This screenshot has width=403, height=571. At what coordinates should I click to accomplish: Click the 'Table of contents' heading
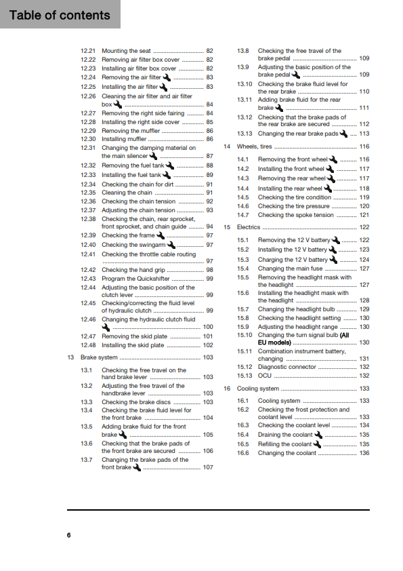[60, 15]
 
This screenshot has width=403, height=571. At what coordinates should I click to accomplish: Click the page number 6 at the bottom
[68, 535]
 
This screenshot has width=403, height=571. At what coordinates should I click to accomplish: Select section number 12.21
[88, 51]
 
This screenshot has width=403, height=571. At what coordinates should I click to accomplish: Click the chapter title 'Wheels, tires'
[255, 146]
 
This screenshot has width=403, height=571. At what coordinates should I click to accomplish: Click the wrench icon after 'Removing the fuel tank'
[169, 165]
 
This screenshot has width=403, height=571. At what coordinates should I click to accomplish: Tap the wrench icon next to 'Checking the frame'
[160, 235]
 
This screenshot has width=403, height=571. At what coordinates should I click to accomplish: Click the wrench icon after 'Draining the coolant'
[317, 434]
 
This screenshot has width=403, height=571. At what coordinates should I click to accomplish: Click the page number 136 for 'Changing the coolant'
[364, 453]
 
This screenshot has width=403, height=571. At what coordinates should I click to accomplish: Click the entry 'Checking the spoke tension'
[295, 215]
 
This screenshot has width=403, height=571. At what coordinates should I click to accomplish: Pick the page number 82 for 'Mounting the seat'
[210, 51]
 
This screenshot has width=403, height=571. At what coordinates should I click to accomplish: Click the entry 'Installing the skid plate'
[133, 345]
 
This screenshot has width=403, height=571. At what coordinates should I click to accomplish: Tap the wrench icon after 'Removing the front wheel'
[332, 159]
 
